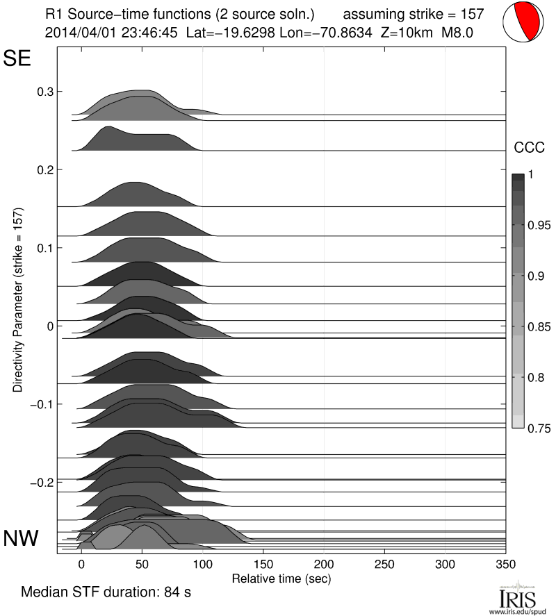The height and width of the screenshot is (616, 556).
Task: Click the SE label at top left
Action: (x=18, y=59)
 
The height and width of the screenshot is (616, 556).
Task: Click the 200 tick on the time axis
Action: (x=324, y=564)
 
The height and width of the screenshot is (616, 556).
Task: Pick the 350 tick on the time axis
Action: (x=505, y=564)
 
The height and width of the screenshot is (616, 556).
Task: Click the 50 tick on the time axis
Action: (x=142, y=564)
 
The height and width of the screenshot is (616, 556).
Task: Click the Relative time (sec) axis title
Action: (x=281, y=578)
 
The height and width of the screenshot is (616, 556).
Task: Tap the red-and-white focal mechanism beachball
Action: (x=523, y=22)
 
